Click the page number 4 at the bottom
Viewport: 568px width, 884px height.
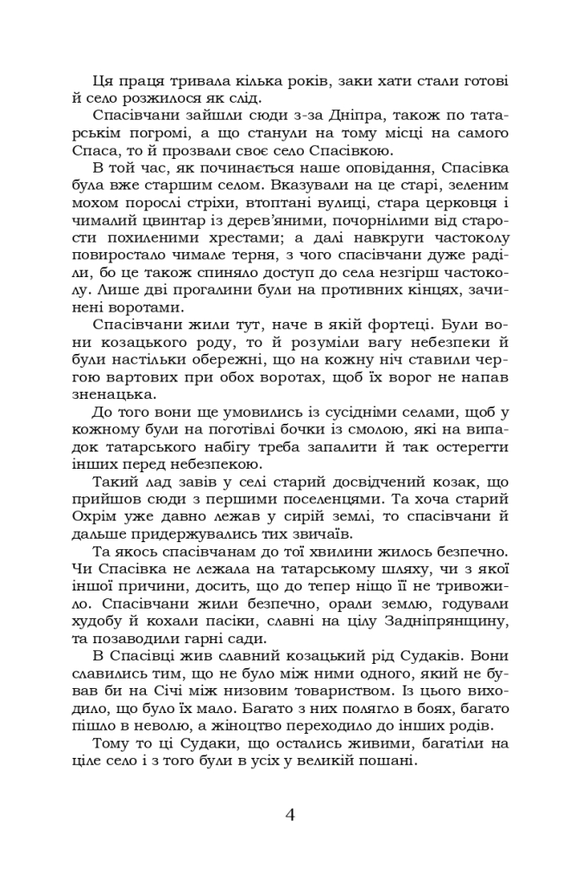[x=290, y=814]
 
